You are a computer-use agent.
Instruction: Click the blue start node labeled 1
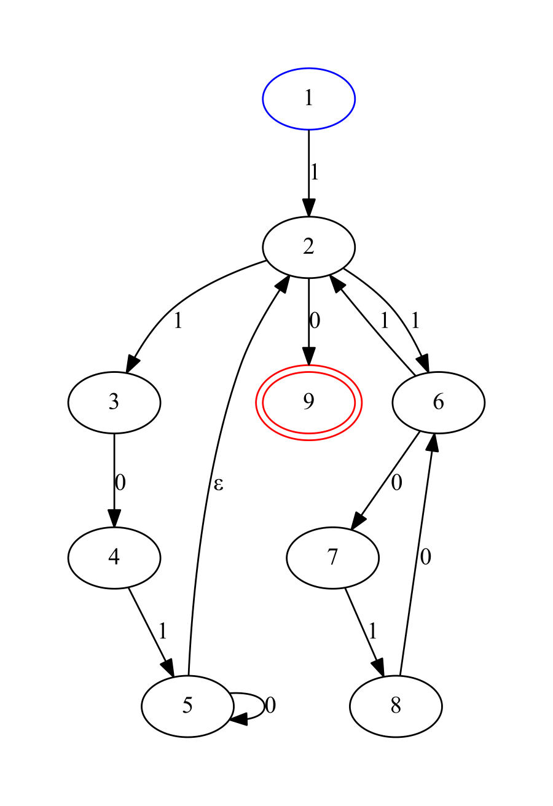[x=308, y=98]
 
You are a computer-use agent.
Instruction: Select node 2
[x=308, y=247]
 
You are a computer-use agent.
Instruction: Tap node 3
[x=114, y=402]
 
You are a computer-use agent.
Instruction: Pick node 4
[x=114, y=558]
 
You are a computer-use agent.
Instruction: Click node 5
[x=187, y=706]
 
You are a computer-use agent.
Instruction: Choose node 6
[x=438, y=402]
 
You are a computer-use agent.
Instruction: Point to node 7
[x=332, y=558]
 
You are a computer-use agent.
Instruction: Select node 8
[x=396, y=706]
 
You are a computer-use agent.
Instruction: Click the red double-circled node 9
[x=308, y=402]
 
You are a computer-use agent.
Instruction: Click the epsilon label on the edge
[x=218, y=485]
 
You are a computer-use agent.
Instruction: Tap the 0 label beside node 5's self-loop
[x=270, y=706]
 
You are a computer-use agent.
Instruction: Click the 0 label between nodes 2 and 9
[x=315, y=320]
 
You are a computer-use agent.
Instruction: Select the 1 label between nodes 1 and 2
[x=315, y=173]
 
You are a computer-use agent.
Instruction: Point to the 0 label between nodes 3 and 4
[x=120, y=483]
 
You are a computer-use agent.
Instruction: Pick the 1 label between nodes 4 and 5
[x=163, y=631]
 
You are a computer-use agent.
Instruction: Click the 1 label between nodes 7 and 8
[x=372, y=631]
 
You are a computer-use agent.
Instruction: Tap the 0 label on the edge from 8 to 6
[x=426, y=558]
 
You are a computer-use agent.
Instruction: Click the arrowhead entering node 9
[x=308, y=357]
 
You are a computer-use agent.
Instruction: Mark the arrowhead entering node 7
[x=359, y=522]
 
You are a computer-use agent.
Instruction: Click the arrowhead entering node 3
[x=132, y=364]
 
